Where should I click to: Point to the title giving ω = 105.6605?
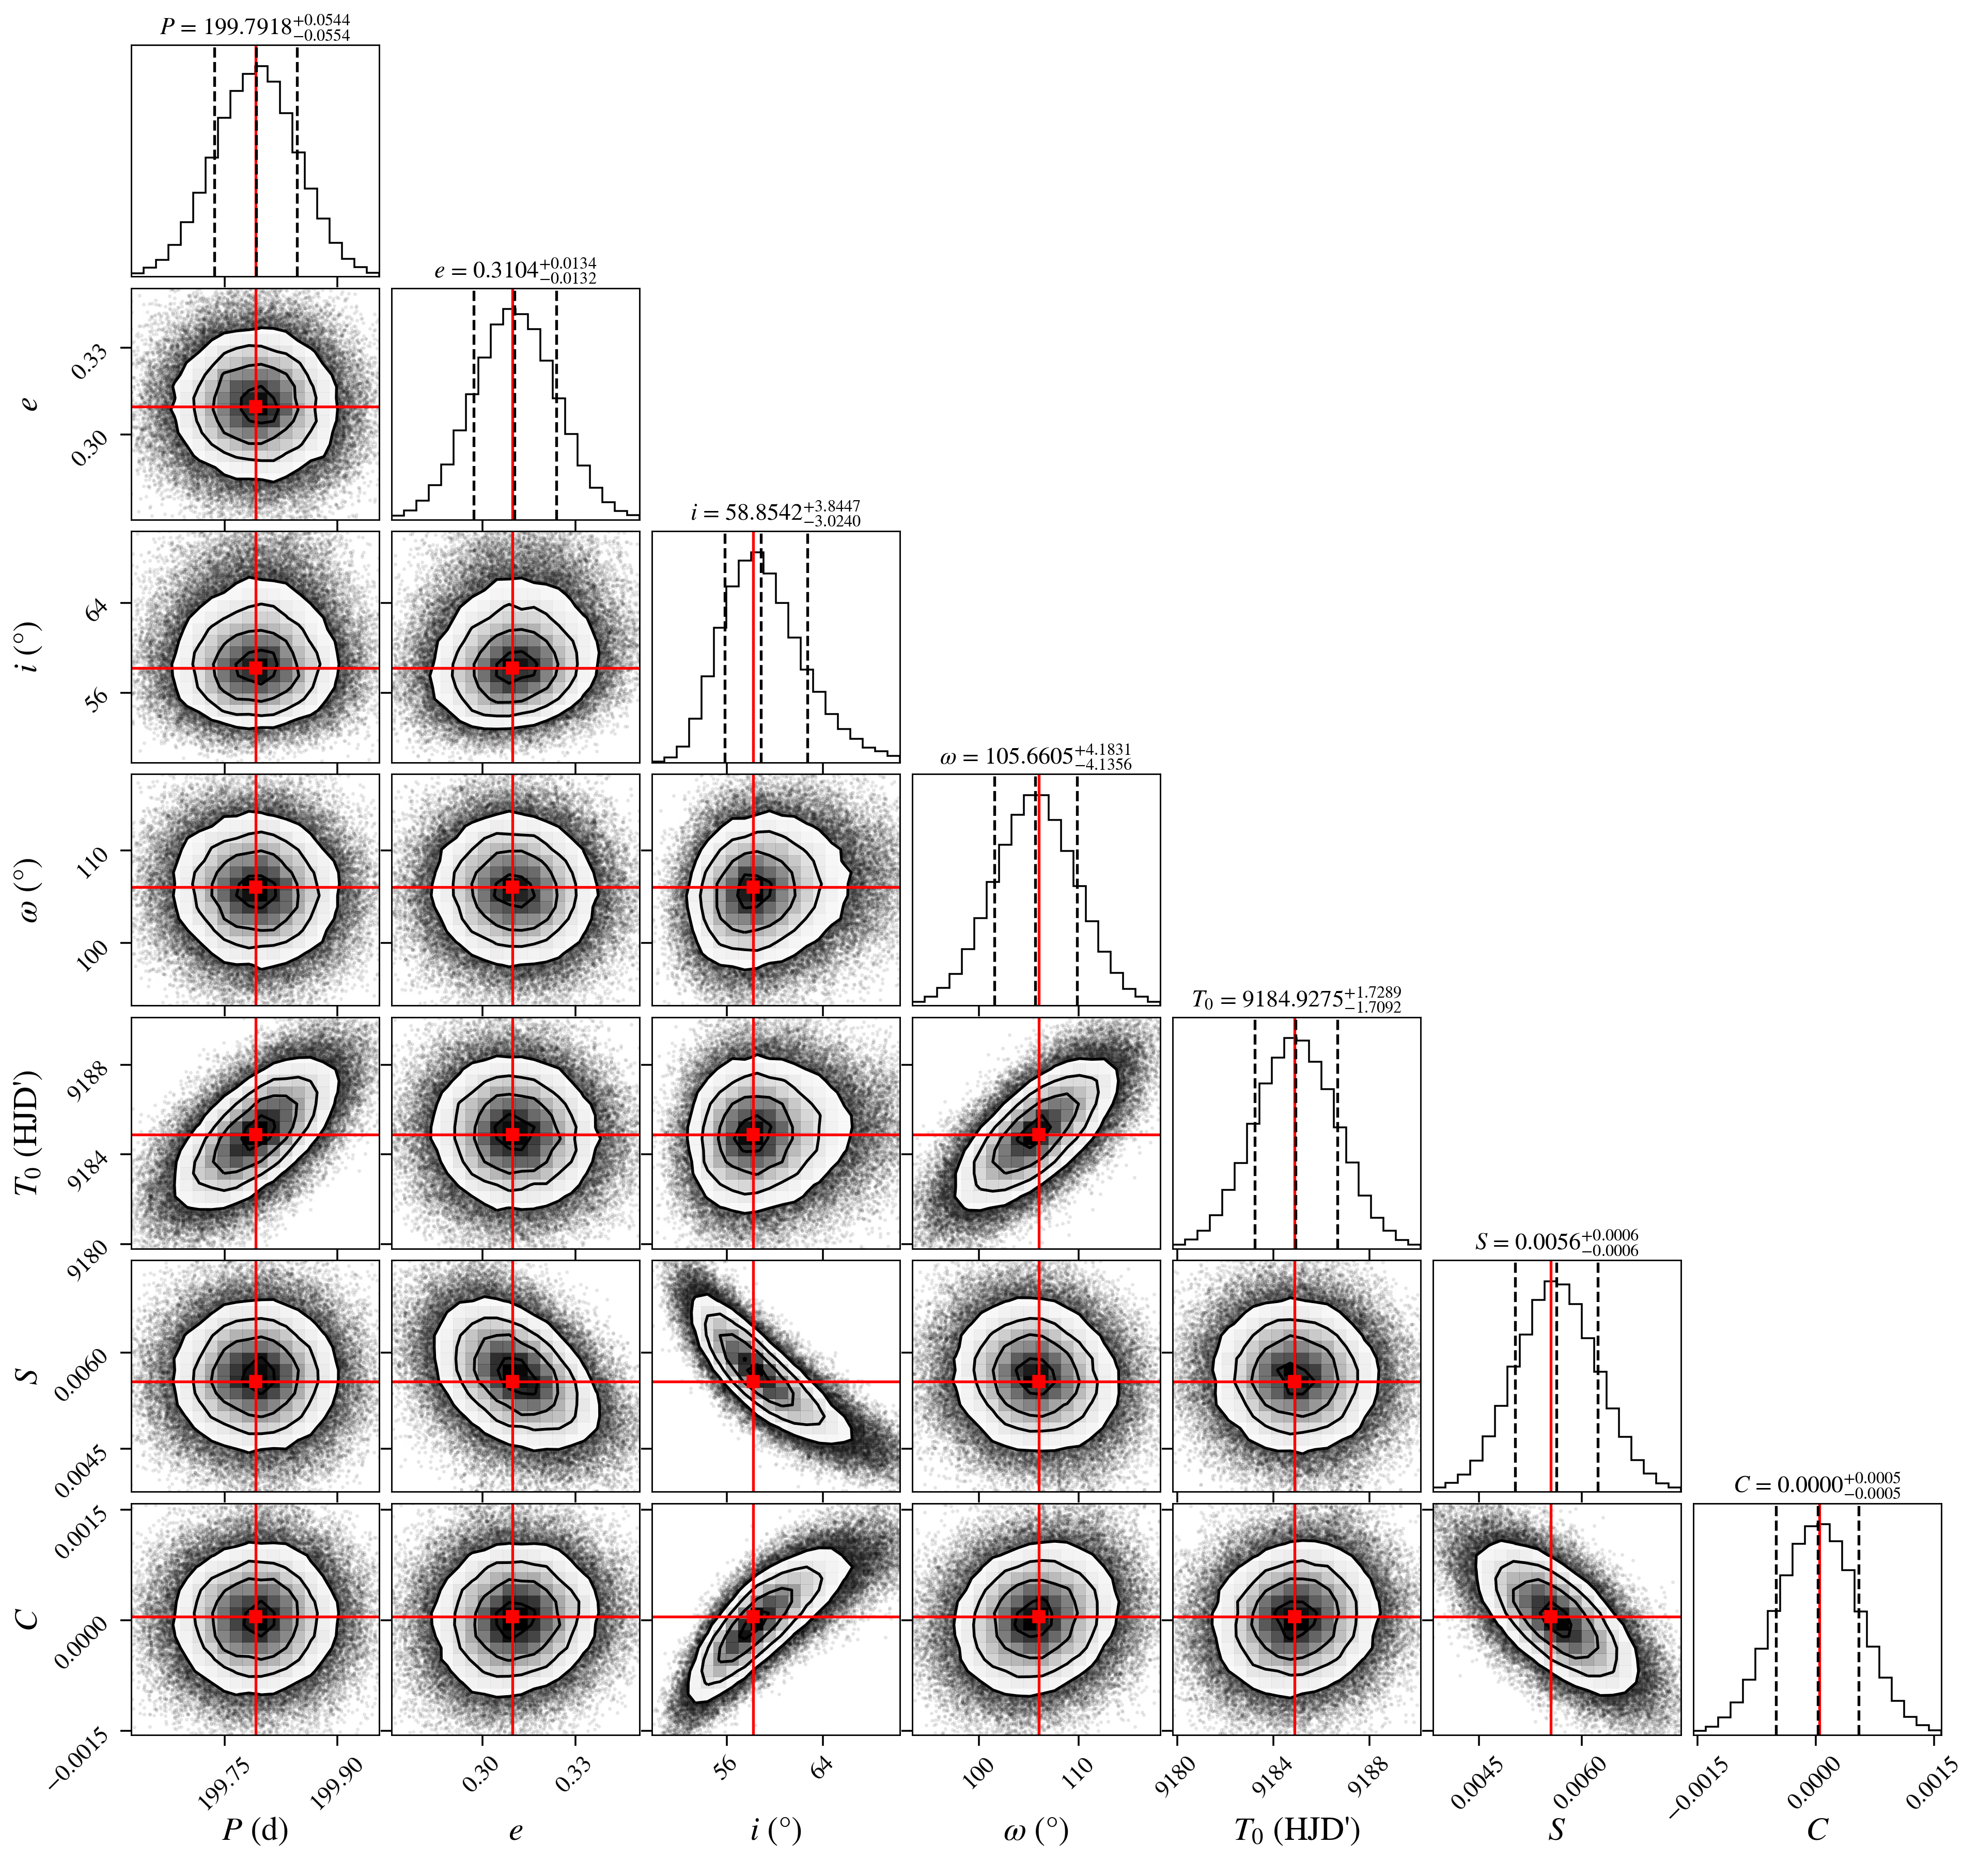(1036, 756)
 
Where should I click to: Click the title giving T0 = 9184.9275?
(1297, 999)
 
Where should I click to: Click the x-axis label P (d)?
(256, 1829)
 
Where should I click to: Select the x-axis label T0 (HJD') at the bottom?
(1297, 1829)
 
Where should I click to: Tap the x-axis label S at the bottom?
(1557, 1829)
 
